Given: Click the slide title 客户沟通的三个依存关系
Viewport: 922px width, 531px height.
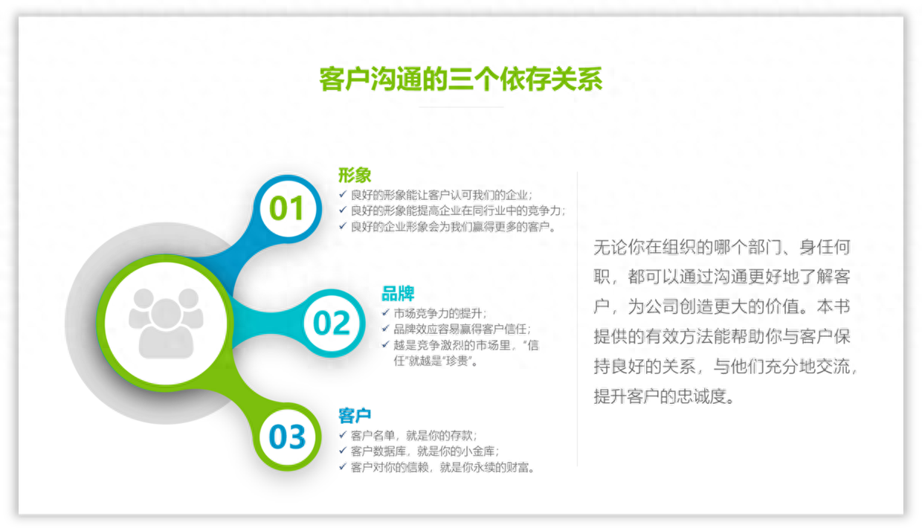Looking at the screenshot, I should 460,79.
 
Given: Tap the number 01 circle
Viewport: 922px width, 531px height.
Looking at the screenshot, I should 286,209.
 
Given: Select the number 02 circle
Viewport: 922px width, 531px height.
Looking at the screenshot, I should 332,323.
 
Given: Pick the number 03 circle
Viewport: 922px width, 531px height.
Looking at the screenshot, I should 287,437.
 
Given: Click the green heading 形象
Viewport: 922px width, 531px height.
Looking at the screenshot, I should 355,176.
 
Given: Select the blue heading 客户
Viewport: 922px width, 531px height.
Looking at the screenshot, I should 355,415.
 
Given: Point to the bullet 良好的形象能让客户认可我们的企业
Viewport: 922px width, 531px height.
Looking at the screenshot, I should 442,195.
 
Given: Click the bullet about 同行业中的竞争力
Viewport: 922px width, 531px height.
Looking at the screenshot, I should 458,210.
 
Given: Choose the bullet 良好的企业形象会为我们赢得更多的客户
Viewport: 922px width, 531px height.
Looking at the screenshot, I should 454,226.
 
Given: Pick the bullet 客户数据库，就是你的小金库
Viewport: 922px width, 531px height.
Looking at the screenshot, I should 424,451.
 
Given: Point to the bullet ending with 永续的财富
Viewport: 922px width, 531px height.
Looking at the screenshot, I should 442,467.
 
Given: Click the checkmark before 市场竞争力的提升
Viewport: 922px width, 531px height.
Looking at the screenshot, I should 385,313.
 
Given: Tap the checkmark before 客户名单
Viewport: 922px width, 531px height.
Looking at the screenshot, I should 343,435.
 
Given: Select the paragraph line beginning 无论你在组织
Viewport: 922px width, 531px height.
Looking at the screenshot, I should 721,247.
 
